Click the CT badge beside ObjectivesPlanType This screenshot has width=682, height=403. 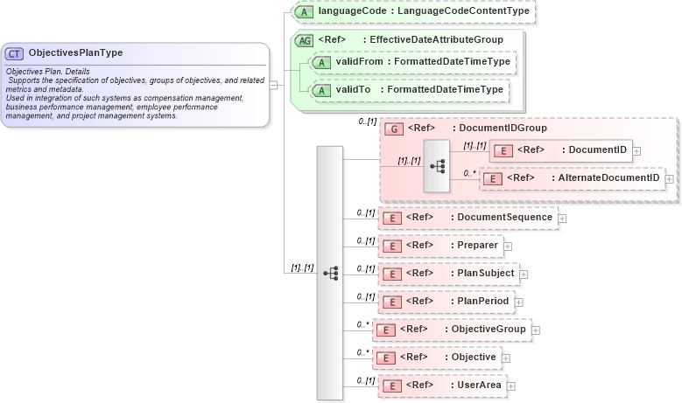pyautogui.click(x=15, y=53)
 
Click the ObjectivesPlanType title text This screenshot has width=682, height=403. pyautogui.click(x=75, y=52)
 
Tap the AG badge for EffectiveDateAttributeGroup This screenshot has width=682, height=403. pyautogui.click(x=305, y=40)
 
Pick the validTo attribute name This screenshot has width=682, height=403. pyautogui.click(x=351, y=89)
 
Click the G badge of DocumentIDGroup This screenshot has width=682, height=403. pyautogui.click(x=394, y=129)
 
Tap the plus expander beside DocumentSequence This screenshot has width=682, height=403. pyautogui.click(x=562, y=218)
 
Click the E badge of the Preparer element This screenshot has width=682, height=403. pyautogui.click(x=394, y=246)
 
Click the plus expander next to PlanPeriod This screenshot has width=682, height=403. pyautogui.click(x=518, y=302)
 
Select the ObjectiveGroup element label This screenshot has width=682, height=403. pyautogui.click(x=489, y=329)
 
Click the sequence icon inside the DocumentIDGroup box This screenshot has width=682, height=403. pyautogui.click(x=437, y=164)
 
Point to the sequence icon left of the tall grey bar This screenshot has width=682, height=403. pyautogui.click(x=330, y=273)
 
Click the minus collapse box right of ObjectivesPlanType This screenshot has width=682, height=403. pyautogui.click(x=274, y=85)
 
